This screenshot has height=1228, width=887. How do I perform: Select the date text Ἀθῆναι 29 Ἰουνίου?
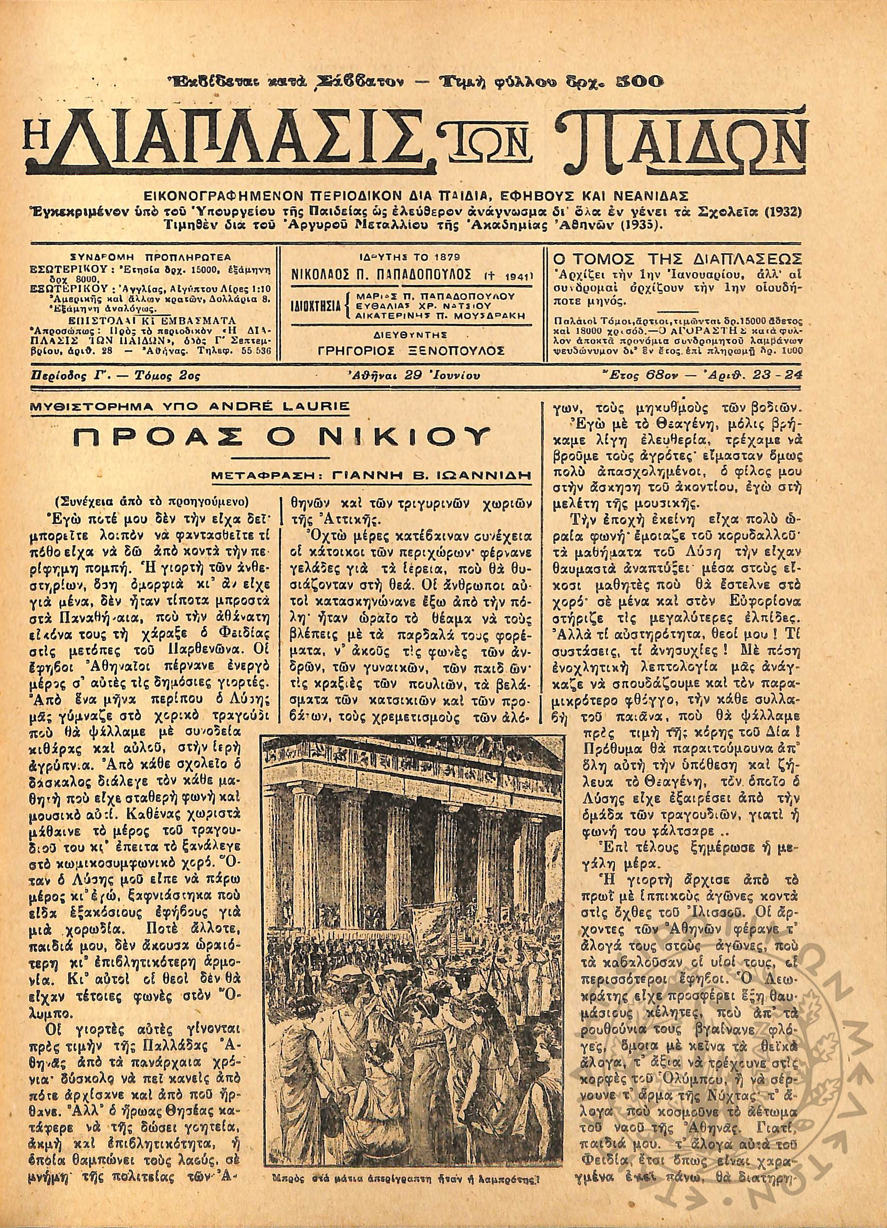coord(412,375)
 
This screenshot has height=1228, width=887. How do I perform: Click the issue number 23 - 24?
coord(780,374)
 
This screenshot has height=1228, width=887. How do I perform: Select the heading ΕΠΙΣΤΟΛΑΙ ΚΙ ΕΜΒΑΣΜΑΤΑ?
coord(151,319)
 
